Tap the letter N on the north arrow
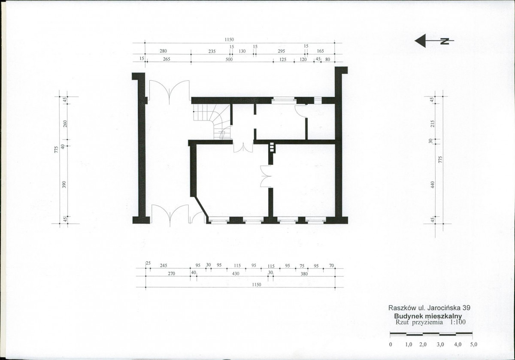click(x=445, y=41)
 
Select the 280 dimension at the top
click(x=163, y=51)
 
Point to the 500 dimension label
click(x=229, y=59)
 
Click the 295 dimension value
click(x=282, y=51)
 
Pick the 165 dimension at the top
click(x=320, y=51)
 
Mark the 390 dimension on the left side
click(x=64, y=185)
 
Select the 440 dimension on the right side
click(x=433, y=185)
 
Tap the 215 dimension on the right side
click(x=433, y=124)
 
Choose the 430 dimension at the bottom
click(x=236, y=274)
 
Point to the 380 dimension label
click(x=304, y=274)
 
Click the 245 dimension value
click(x=163, y=266)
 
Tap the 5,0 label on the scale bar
click(x=474, y=345)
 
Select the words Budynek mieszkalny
click(x=428, y=316)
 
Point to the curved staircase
click(x=212, y=121)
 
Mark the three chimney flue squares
click(x=272, y=147)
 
